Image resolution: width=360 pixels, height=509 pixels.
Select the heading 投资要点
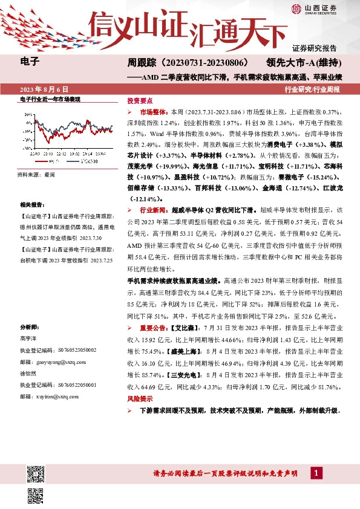[140, 101]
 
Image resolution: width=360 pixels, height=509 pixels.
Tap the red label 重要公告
[152, 328]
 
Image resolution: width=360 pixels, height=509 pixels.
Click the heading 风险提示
[140, 400]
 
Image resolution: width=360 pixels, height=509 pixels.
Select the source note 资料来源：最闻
[36, 174]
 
